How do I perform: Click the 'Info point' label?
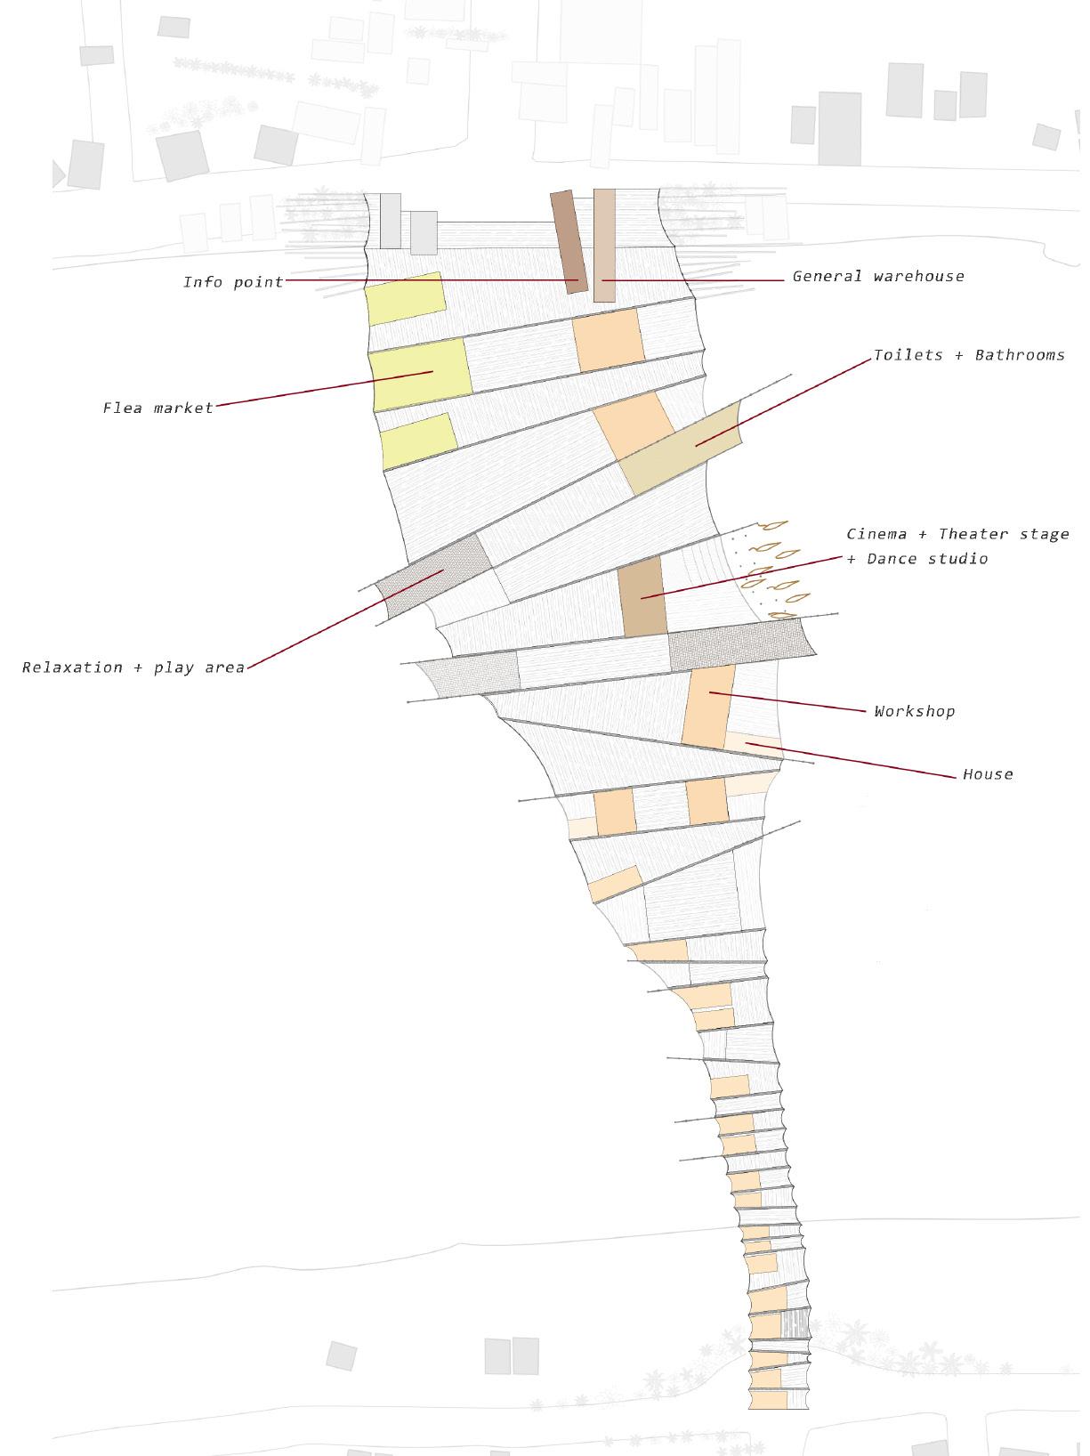pyautogui.click(x=233, y=282)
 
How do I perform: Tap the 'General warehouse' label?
pyautogui.click(x=877, y=276)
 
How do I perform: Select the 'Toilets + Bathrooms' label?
pyautogui.click(x=968, y=355)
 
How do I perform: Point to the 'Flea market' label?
pyautogui.click(x=158, y=408)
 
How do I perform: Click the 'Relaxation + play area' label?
pyautogui.click(x=133, y=667)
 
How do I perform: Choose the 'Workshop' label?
pyautogui.click(x=914, y=711)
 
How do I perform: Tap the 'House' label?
pyautogui.click(x=988, y=774)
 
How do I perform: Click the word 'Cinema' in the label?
pyautogui.click(x=876, y=534)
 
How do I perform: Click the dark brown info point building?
pyautogui.click(x=569, y=240)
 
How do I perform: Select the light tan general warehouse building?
pyautogui.click(x=604, y=245)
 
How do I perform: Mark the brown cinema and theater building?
pyautogui.click(x=642, y=596)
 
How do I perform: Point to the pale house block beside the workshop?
pyautogui.click(x=753, y=743)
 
